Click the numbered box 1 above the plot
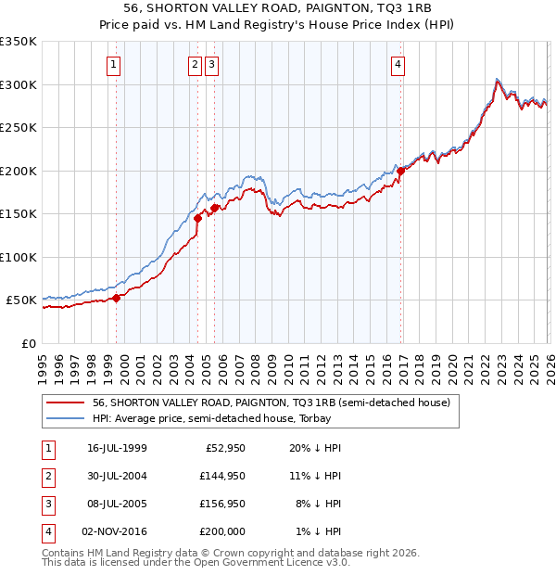click(x=113, y=65)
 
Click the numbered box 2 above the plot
click(x=196, y=65)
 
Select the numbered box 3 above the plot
click(x=212, y=65)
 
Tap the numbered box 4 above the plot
click(x=398, y=65)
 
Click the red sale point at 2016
click(x=400, y=171)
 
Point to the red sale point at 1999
click(x=117, y=298)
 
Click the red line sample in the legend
click(x=65, y=403)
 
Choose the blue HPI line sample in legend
click(x=65, y=419)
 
